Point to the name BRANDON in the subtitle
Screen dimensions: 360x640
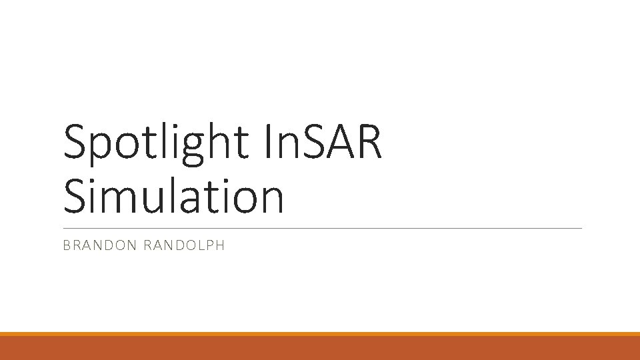pos(99,245)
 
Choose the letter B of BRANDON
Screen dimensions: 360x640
pos(66,245)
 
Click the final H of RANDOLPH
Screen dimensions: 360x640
pos(220,245)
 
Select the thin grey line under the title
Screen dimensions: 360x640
pos(322,228)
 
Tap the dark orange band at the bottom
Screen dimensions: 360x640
pos(320,348)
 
